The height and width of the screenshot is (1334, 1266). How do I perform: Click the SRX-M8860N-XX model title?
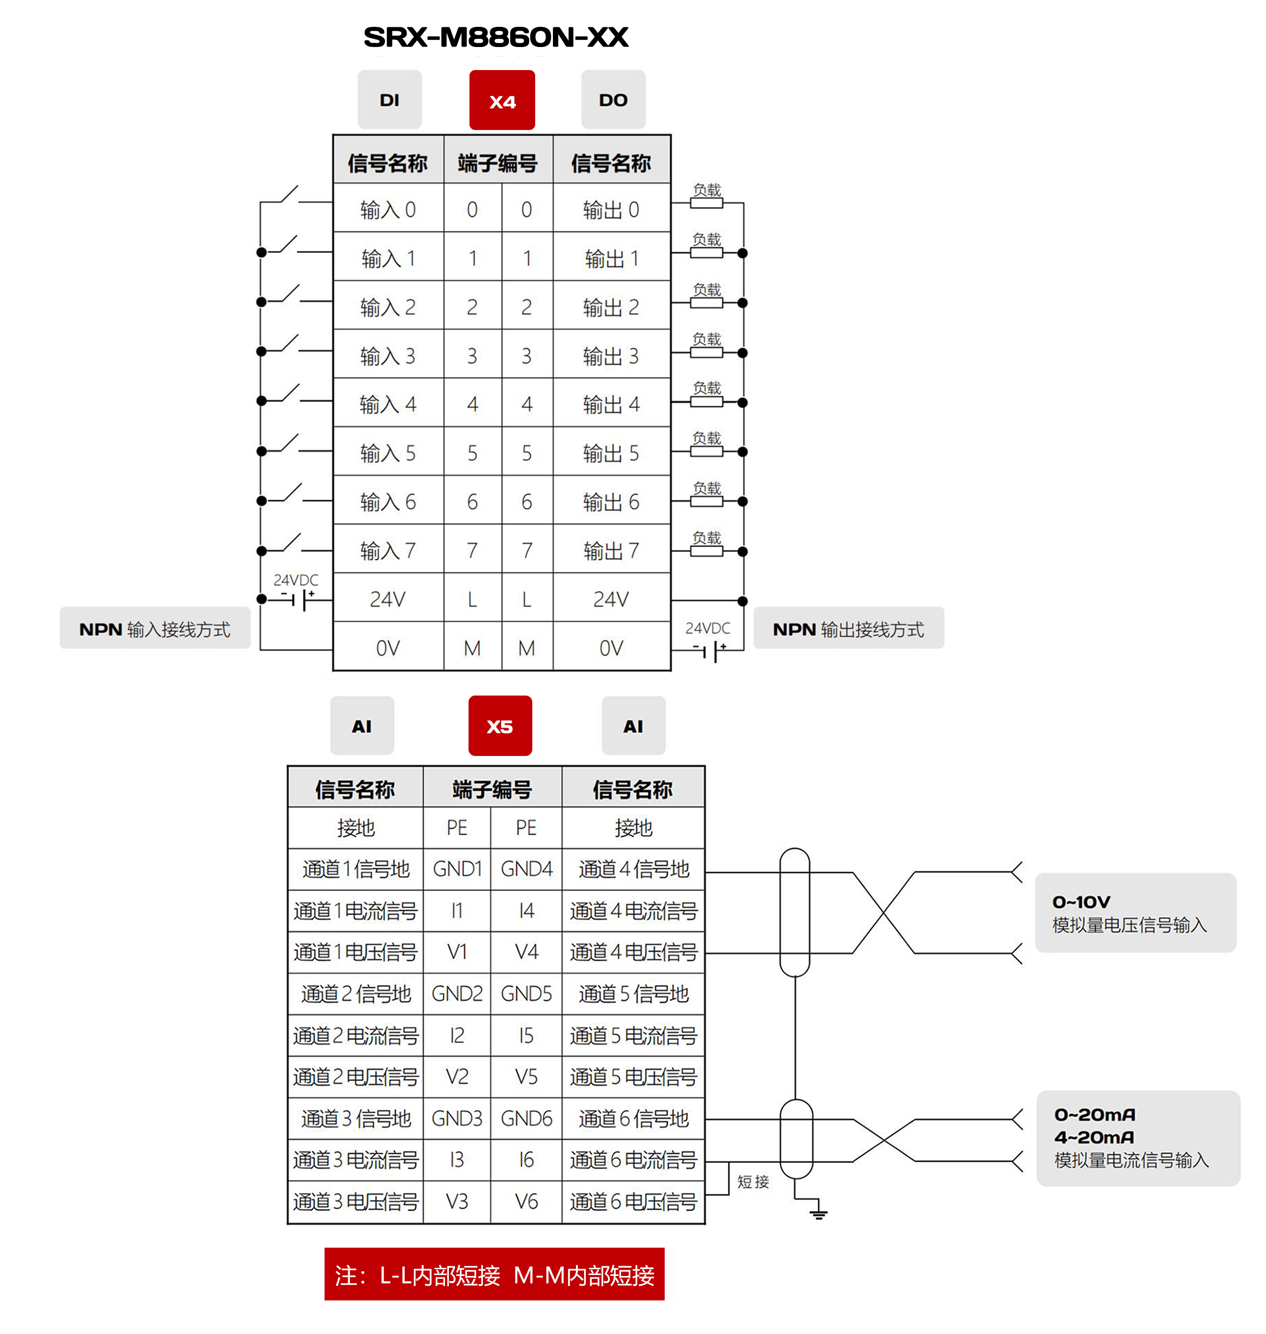[x=495, y=37]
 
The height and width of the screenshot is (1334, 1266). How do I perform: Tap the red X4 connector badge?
[x=502, y=101]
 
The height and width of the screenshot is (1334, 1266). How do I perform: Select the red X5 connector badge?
[x=500, y=726]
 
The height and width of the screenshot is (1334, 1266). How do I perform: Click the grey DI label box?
[x=389, y=100]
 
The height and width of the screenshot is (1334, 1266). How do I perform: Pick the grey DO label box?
[x=613, y=100]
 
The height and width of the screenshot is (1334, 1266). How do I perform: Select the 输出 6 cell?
[x=611, y=502]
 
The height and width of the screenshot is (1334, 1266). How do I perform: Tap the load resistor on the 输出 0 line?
[x=706, y=202]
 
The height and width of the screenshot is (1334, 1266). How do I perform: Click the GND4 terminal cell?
[x=527, y=869]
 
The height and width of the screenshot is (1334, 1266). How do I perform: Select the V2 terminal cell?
[x=457, y=1077]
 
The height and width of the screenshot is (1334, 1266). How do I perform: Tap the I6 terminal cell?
[x=527, y=1160]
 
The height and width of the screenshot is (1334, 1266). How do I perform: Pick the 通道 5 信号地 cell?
[x=633, y=994]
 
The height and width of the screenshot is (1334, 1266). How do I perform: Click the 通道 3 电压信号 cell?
[x=356, y=1202]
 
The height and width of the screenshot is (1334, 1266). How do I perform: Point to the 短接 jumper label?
[x=753, y=1181]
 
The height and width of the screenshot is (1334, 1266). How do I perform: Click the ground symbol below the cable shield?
[x=819, y=1213]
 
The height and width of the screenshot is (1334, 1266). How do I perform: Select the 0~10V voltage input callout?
[x=1135, y=913]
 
